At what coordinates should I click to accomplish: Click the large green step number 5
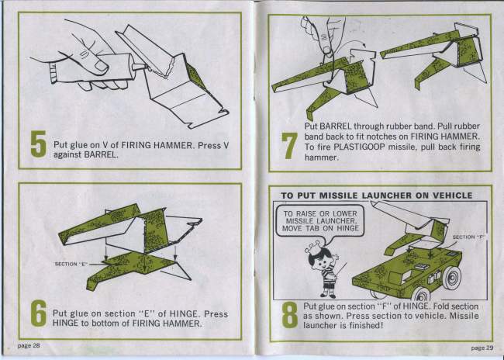(x=38, y=144)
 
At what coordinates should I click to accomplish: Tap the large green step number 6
(x=39, y=313)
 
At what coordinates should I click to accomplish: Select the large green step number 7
(x=289, y=146)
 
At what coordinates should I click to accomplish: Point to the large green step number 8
(x=290, y=315)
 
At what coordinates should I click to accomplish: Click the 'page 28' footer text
(x=29, y=345)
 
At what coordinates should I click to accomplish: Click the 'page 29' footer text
(x=482, y=348)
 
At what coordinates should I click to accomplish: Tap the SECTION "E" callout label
(x=71, y=264)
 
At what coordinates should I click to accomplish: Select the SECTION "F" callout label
(x=468, y=237)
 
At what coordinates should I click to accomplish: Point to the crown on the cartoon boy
(x=312, y=247)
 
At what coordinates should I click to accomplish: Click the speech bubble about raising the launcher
(x=320, y=221)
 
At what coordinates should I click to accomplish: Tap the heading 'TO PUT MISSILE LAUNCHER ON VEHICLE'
(x=377, y=196)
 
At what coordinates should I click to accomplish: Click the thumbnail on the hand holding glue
(x=102, y=66)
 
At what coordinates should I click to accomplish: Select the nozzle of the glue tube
(x=139, y=67)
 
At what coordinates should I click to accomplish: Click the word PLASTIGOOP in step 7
(x=359, y=147)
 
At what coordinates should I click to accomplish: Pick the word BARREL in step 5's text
(x=101, y=154)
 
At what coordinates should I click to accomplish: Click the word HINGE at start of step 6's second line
(x=65, y=323)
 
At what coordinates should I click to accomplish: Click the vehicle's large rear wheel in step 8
(x=452, y=277)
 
